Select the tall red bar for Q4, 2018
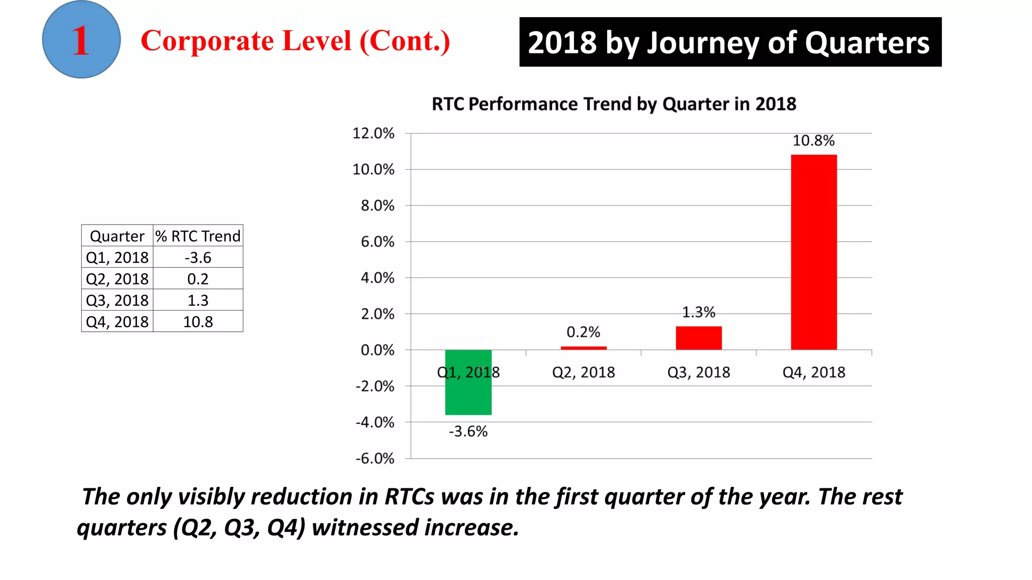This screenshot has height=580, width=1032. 813,252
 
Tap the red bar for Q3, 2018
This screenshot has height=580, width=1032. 698,338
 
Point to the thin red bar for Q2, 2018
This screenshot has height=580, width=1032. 584,348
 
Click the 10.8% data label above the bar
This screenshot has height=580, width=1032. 813,140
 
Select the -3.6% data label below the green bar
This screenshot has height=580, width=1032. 468,431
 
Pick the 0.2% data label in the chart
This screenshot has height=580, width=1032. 583,332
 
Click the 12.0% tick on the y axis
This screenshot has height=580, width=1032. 373,133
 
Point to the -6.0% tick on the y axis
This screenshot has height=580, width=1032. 374,459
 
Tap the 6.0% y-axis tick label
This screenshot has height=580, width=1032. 377,242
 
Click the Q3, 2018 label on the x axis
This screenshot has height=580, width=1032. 698,372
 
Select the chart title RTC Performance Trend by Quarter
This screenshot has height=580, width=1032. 614,104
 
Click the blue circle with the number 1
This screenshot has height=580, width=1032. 81,39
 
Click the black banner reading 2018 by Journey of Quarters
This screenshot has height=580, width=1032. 730,42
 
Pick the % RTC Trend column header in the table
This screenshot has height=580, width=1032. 198,236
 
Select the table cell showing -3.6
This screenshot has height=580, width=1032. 198,258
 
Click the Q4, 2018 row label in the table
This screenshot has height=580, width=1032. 117,322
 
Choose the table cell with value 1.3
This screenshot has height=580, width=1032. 198,301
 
